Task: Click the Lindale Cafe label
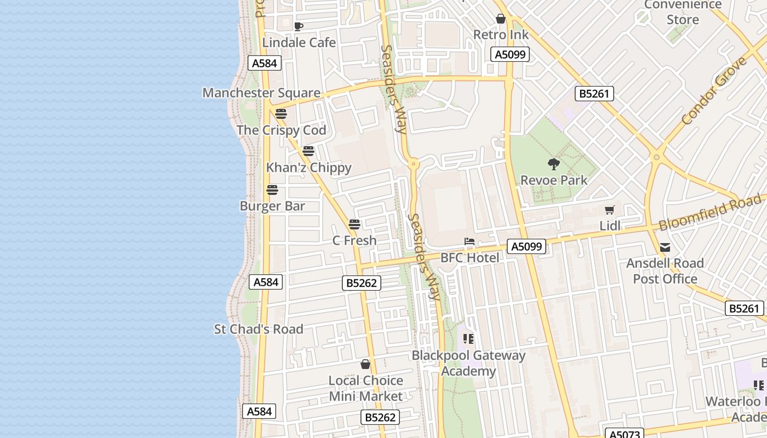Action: pyautogui.click(x=299, y=42)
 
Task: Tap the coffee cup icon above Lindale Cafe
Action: pyautogui.click(x=299, y=26)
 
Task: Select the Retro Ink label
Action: pyautogui.click(x=501, y=35)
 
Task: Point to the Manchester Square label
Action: pyautogui.click(x=261, y=93)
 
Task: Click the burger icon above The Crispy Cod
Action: pyautogui.click(x=281, y=114)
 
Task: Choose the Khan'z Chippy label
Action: pyautogui.click(x=308, y=168)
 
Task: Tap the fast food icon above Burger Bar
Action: pyautogui.click(x=272, y=190)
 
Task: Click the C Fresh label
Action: pyautogui.click(x=354, y=240)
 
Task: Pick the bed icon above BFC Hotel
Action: pyautogui.click(x=470, y=241)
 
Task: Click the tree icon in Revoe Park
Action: pyautogui.click(x=554, y=164)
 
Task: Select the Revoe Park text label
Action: pyautogui.click(x=554, y=180)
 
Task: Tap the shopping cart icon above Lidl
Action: pyautogui.click(x=610, y=210)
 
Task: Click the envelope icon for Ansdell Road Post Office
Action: pyautogui.click(x=665, y=247)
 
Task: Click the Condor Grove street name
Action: pyautogui.click(x=714, y=91)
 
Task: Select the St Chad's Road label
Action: pyautogui.click(x=258, y=330)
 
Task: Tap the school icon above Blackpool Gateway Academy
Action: pyautogui.click(x=468, y=339)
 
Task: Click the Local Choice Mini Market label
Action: pyautogui.click(x=365, y=388)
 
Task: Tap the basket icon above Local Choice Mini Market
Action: pyautogui.click(x=365, y=364)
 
